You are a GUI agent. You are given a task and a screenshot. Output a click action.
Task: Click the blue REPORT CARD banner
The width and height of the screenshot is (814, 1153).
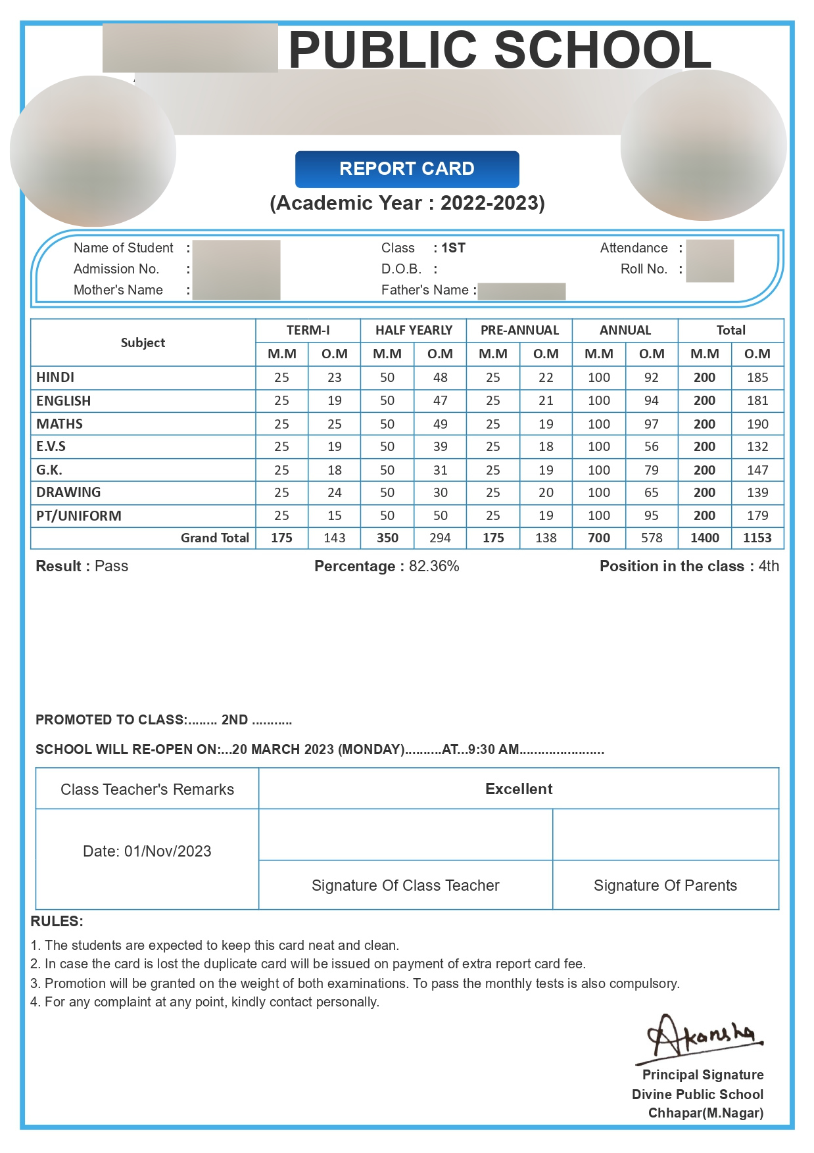click(x=407, y=169)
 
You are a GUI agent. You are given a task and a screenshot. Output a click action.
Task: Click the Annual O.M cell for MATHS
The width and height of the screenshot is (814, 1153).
click(x=651, y=424)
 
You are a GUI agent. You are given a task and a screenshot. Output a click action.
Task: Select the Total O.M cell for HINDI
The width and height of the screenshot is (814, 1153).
click(x=757, y=377)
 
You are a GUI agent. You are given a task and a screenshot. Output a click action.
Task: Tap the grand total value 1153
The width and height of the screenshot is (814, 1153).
click(x=757, y=538)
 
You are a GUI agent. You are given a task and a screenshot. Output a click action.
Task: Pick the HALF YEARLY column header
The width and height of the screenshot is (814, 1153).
click(x=414, y=330)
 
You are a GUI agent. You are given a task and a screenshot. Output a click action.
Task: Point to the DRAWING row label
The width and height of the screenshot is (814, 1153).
click(x=68, y=492)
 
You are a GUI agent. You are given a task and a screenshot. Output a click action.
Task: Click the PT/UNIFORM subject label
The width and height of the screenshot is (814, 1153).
click(x=79, y=515)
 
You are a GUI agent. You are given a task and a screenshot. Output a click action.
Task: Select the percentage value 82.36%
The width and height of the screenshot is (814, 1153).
click(x=434, y=566)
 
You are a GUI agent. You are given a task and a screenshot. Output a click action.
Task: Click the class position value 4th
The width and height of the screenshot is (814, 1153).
click(x=769, y=566)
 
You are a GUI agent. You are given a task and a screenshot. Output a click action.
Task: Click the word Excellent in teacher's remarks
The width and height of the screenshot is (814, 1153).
click(x=519, y=789)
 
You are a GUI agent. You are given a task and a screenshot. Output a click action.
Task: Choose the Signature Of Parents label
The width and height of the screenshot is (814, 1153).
click(x=665, y=885)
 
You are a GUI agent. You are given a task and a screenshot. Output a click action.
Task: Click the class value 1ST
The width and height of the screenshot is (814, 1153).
click(x=453, y=248)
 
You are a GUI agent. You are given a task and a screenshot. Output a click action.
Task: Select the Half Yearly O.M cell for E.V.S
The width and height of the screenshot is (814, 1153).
click(x=440, y=446)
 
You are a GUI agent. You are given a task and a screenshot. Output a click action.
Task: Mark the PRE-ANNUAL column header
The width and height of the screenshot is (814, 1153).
click(x=519, y=330)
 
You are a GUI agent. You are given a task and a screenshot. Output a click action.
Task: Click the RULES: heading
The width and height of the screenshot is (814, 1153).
click(x=57, y=921)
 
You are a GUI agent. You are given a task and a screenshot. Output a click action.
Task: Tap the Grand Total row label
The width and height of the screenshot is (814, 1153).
click(x=214, y=538)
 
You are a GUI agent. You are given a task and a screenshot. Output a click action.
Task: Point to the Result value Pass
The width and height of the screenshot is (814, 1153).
click(x=111, y=566)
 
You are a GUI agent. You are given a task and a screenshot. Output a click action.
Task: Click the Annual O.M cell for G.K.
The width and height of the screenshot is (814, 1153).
click(x=651, y=470)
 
